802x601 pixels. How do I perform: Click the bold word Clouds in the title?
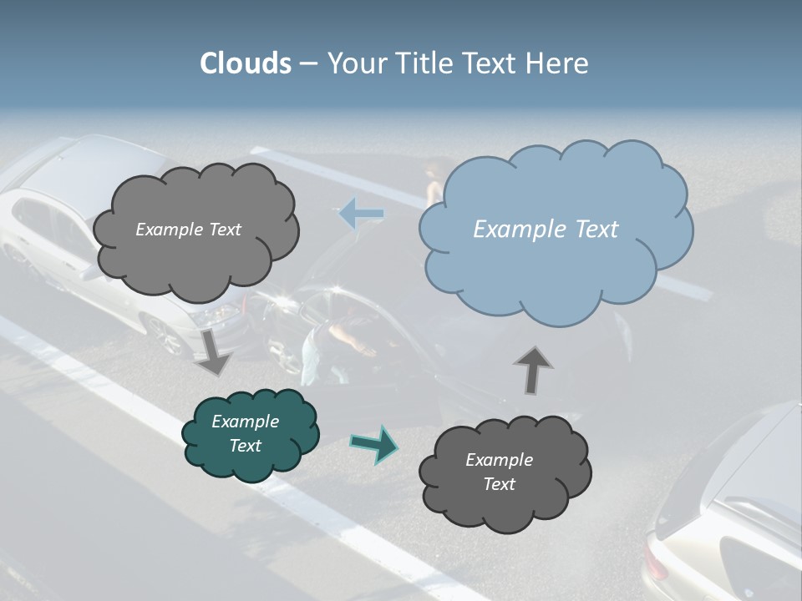(246, 63)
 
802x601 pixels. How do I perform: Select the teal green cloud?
(250, 435)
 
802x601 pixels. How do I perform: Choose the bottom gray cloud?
(504, 472)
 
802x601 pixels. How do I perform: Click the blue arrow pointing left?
(362, 214)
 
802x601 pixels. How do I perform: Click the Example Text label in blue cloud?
(546, 230)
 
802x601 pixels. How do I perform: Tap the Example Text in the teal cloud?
(246, 434)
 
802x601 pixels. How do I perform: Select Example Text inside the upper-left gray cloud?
(188, 230)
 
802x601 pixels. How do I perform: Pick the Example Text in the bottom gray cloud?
(499, 472)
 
